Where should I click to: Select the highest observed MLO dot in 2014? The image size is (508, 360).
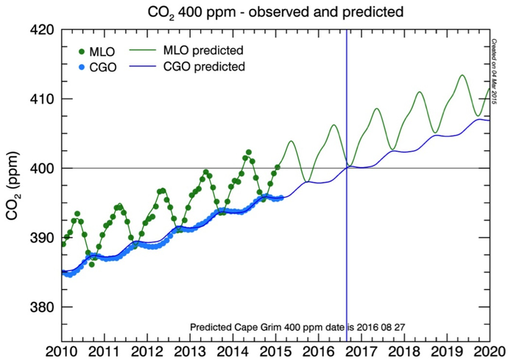249,152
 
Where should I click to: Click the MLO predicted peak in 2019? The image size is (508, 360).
462,75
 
